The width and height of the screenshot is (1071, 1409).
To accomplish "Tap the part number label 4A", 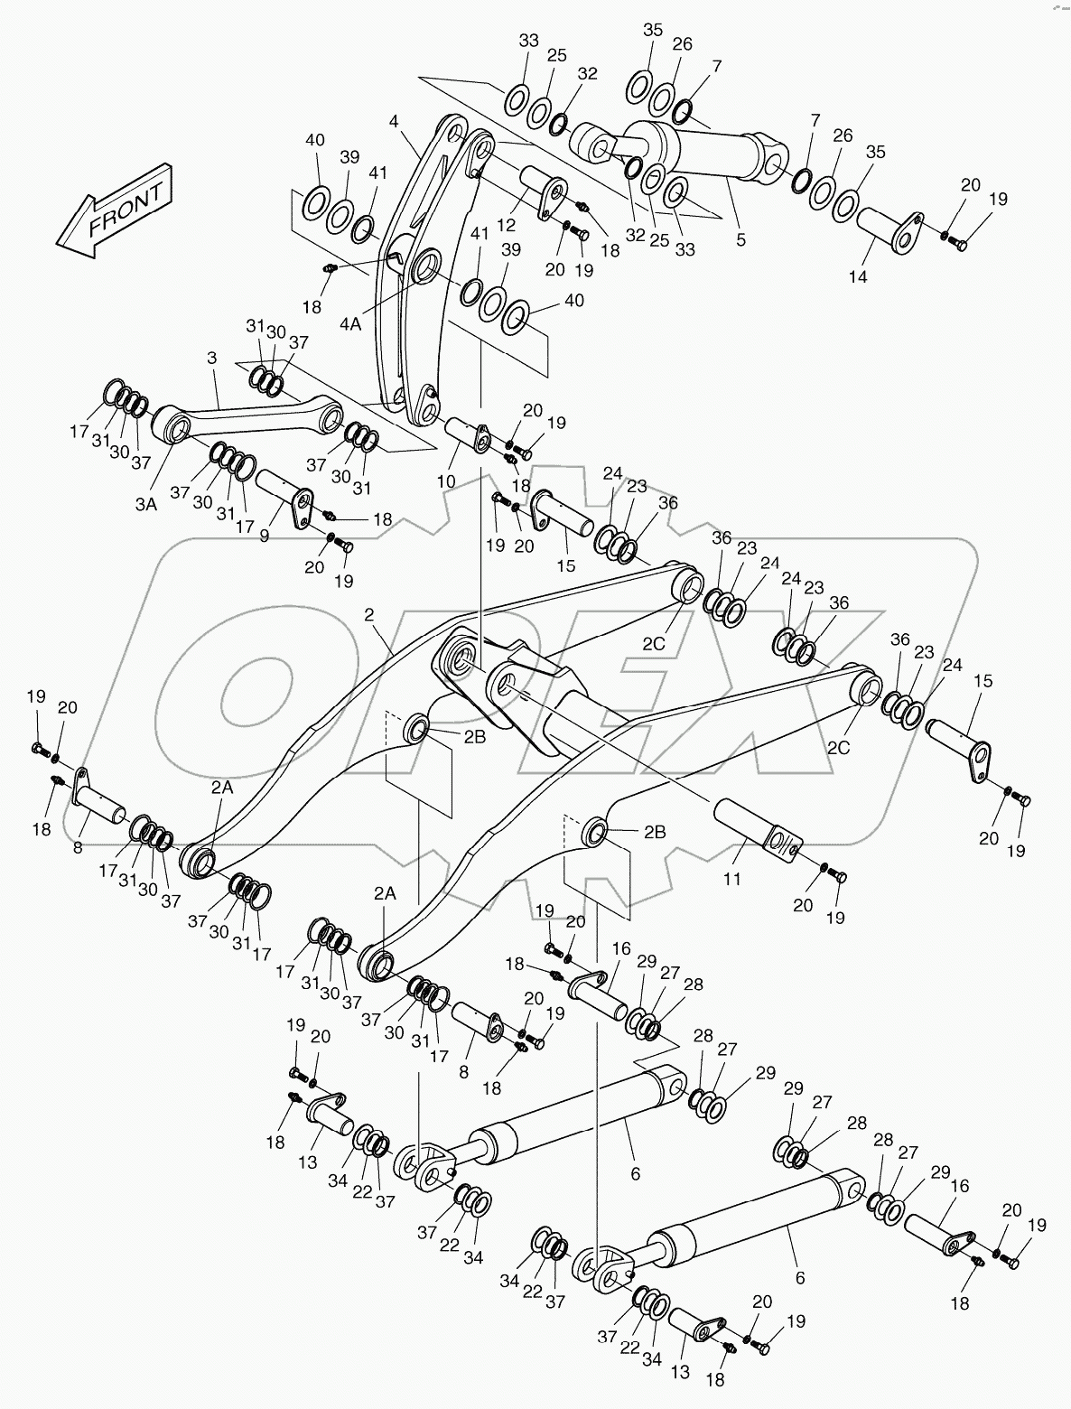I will coord(351,322).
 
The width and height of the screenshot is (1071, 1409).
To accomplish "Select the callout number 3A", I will coord(146,504).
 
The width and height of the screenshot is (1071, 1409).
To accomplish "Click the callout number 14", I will coord(857,276).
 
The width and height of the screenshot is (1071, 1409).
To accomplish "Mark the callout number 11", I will coord(731,878).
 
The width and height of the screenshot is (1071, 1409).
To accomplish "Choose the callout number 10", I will coord(446,481).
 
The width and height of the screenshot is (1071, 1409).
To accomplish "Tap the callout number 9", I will coord(265,536).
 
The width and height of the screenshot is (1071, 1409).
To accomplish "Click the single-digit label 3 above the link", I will coord(211,359).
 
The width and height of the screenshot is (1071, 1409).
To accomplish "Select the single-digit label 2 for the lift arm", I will coord(368,615).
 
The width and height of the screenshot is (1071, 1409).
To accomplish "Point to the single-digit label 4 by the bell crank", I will coord(394,120).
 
